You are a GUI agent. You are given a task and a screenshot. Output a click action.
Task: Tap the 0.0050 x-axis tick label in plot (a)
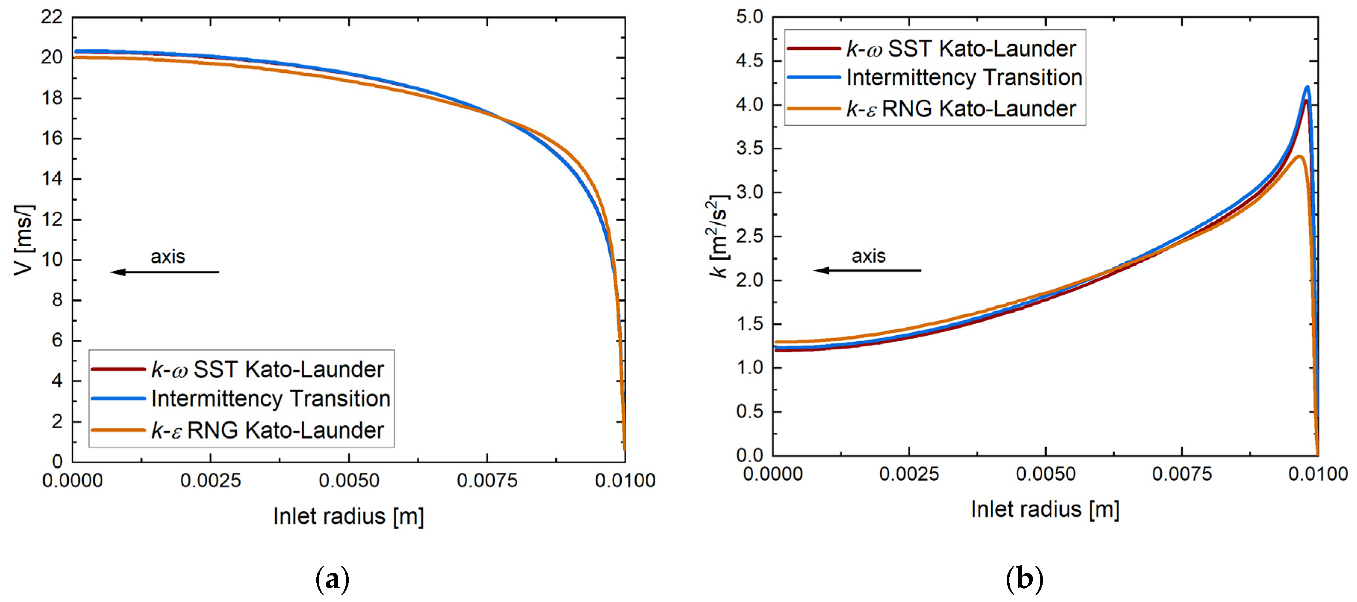tap(349, 481)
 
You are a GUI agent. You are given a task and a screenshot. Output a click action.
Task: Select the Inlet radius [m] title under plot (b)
tap(1045, 509)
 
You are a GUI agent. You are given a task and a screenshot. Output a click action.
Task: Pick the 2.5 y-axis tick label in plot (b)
tap(749, 236)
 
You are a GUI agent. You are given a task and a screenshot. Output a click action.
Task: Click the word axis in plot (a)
tap(168, 257)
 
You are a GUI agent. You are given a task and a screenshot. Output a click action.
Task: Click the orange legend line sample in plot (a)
tap(118, 430)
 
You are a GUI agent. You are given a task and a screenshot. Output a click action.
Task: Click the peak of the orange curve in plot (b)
tap(1299, 157)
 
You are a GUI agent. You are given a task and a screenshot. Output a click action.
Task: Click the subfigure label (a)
tap(332, 580)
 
